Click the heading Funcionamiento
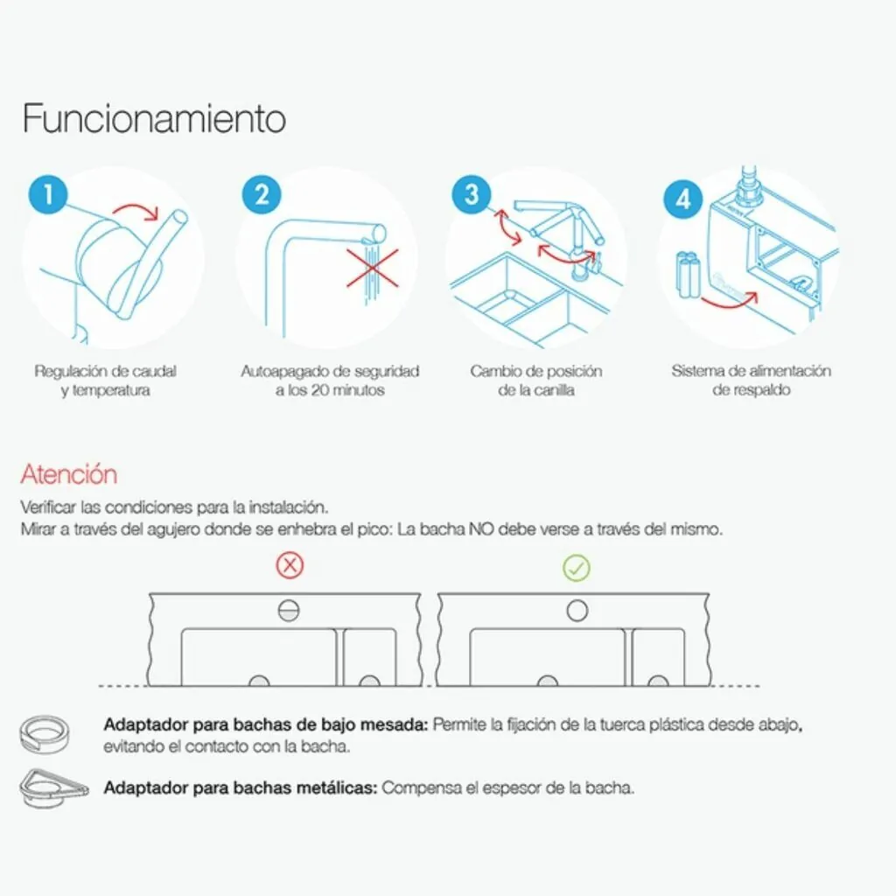pyautogui.click(x=154, y=119)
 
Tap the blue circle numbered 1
pyautogui.click(x=48, y=195)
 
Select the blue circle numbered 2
pyautogui.click(x=262, y=195)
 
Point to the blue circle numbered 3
pyautogui.click(x=472, y=195)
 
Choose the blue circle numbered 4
pyautogui.click(x=682, y=199)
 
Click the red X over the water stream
pyautogui.click(x=373, y=268)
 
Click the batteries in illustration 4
pyautogui.click(x=689, y=276)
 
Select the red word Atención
pyautogui.click(x=69, y=474)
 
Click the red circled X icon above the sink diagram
pyautogui.click(x=290, y=565)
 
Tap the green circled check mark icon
pyautogui.click(x=577, y=568)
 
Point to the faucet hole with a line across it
pyautogui.click(x=289, y=611)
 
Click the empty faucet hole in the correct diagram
pyautogui.click(x=577, y=611)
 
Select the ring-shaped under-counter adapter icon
pyautogui.click(x=44, y=734)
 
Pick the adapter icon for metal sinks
pyautogui.click(x=53, y=787)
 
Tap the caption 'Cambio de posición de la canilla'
pyautogui.click(x=536, y=381)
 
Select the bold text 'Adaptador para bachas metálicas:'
pyautogui.click(x=241, y=788)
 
